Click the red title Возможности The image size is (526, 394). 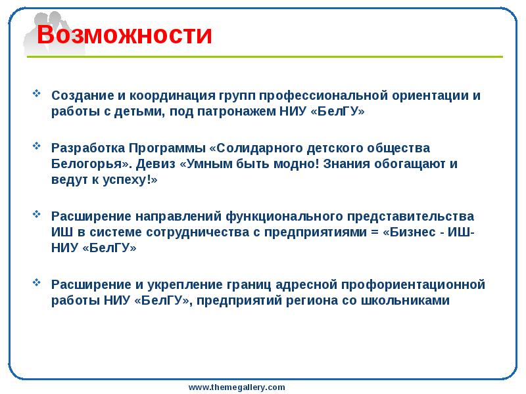(124, 35)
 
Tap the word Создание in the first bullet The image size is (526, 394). (78, 95)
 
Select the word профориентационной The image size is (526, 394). (414, 284)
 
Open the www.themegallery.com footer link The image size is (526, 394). (237, 387)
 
